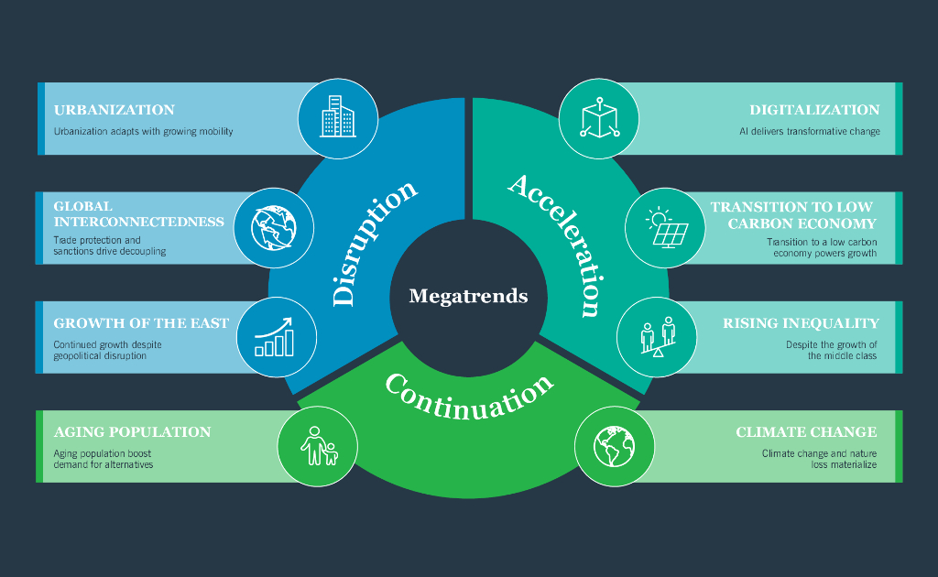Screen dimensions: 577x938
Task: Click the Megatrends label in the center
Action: pyautogui.click(x=468, y=296)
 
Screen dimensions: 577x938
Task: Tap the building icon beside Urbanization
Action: pyautogui.click(x=338, y=118)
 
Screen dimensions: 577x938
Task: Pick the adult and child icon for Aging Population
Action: pyautogui.click(x=318, y=446)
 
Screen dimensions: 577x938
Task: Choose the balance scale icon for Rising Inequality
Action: pyautogui.click(x=657, y=336)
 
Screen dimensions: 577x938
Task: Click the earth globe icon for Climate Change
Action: pyautogui.click(x=614, y=446)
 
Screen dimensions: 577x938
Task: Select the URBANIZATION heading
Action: pyautogui.click(x=114, y=110)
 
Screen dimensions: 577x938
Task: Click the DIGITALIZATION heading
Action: pyautogui.click(x=814, y=110)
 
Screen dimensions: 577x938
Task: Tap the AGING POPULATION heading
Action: pyautogui.click(x=132, y=432)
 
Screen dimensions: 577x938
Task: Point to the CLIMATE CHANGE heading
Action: pyautogui.click(x=806, y=432)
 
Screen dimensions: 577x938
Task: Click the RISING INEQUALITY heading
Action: pyautogui.click(x=801, y=323)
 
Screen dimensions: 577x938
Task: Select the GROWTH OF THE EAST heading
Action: pyautogui.click(x=141, y=323)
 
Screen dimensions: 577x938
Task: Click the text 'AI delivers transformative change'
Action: pyautogui.click(x=810, y=131)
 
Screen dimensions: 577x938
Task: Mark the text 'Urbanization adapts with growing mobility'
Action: pyautogui.click(x=143, y=131)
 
